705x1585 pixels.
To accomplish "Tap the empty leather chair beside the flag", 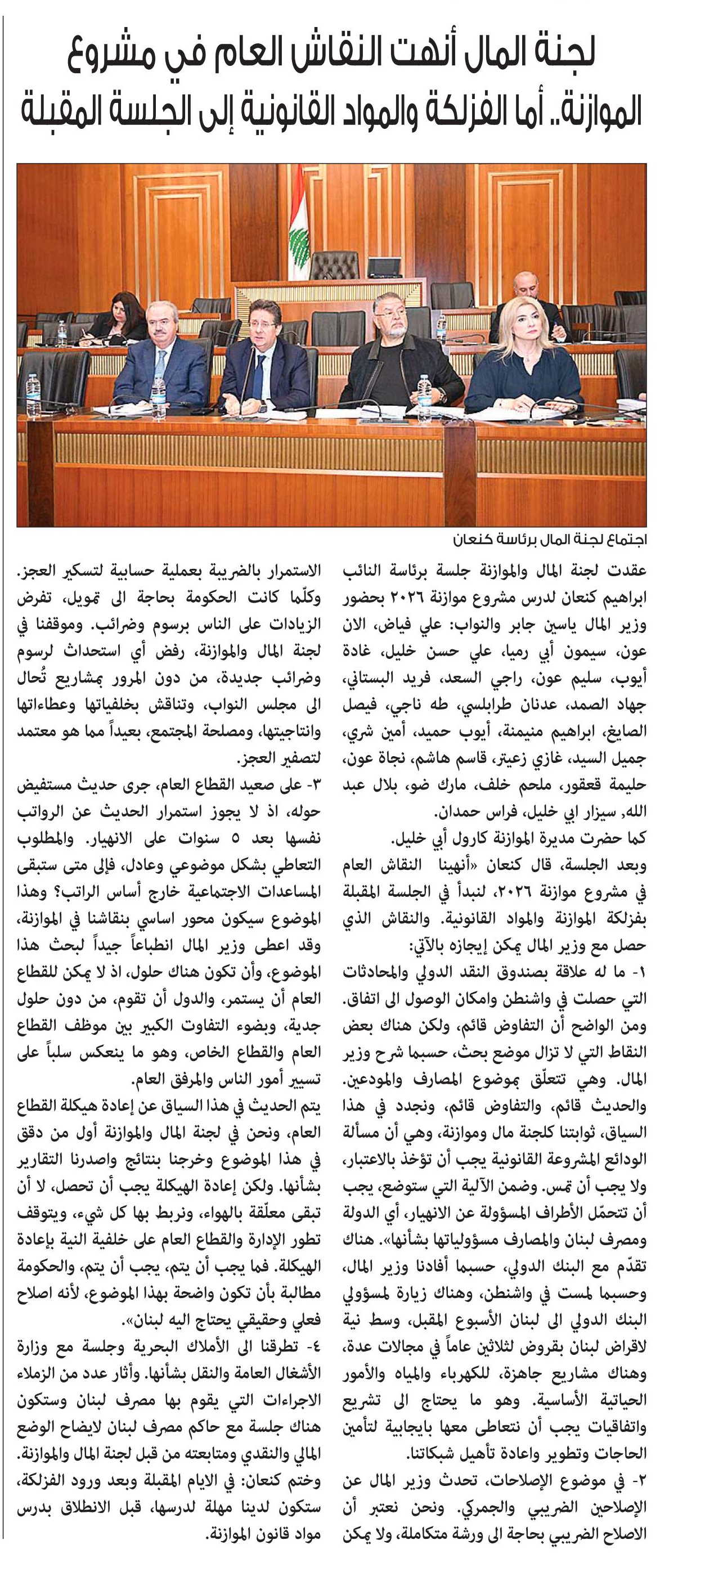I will click(x=333, y=264).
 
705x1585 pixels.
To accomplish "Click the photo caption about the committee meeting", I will click(x=549, y=540).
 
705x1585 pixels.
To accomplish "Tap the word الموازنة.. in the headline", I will click(x=591, y=111).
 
